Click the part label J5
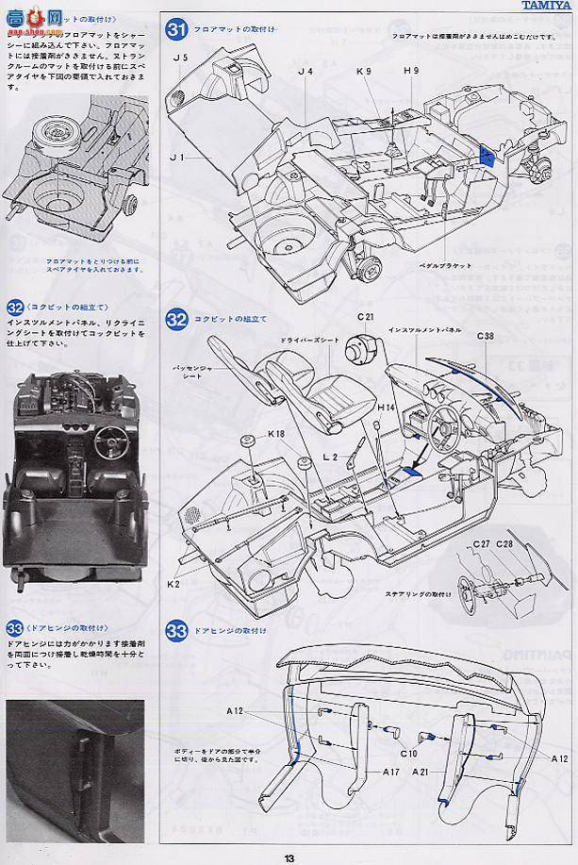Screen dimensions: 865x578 click(182, 58)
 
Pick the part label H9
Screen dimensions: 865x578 click(411, 70)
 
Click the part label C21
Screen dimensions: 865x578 click(366, 315)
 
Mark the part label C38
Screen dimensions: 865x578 click(485, 335)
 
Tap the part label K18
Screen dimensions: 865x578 click(276, 434)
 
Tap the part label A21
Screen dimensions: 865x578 click(421, 771)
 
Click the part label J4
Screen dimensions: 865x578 click(305, 70)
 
